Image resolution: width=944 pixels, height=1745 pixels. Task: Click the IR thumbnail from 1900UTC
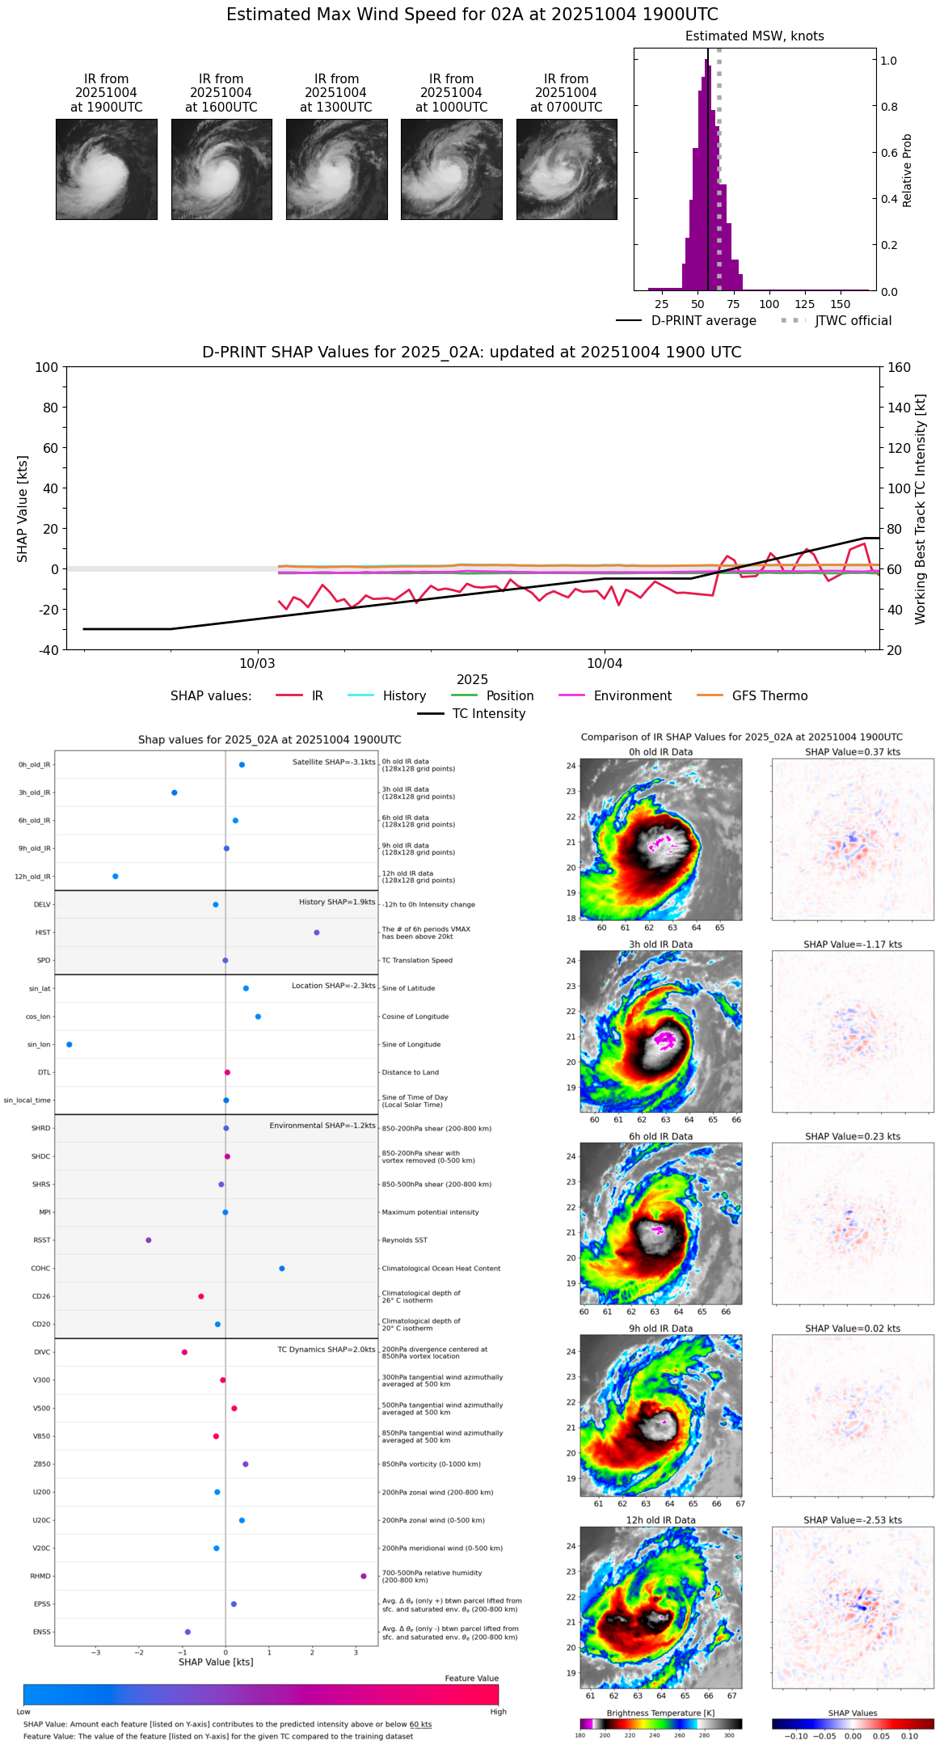click(x=107, y=169)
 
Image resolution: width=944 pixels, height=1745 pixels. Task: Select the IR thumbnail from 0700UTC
click(x=567, y=169)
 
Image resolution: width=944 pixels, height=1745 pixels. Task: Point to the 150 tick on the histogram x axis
click(x=841, y=304)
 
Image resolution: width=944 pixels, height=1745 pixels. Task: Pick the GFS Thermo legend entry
click(x=769, y=696)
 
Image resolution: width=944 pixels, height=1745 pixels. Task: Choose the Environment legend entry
click(x=632, y=696)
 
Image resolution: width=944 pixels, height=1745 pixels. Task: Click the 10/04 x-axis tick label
click(x=605, y=664)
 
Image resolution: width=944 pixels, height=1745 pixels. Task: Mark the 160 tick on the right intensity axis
click(x=900, y=368)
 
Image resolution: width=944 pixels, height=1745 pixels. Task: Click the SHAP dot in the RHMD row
click(x=364, y=1576)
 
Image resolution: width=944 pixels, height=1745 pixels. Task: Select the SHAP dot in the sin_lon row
click(x=70, y=1045)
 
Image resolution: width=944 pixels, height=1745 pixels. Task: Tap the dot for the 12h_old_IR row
click(x=115, y=877)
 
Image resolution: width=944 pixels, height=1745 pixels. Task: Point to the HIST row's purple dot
click(x=317, y=932)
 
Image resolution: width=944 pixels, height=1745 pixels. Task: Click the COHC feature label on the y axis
click(x=40, y=1269)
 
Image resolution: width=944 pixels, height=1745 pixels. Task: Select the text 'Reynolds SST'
click(x=405, y=1240)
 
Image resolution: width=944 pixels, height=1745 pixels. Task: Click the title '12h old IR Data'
click(x=660, y=1520)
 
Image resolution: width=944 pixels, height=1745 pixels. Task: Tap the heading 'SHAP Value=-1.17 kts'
click(x=853, y=944)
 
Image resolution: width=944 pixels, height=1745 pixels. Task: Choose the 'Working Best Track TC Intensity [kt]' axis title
click(x=921, y=509)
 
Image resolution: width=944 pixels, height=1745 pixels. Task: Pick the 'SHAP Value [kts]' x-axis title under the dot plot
click(x=216, y=1663)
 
